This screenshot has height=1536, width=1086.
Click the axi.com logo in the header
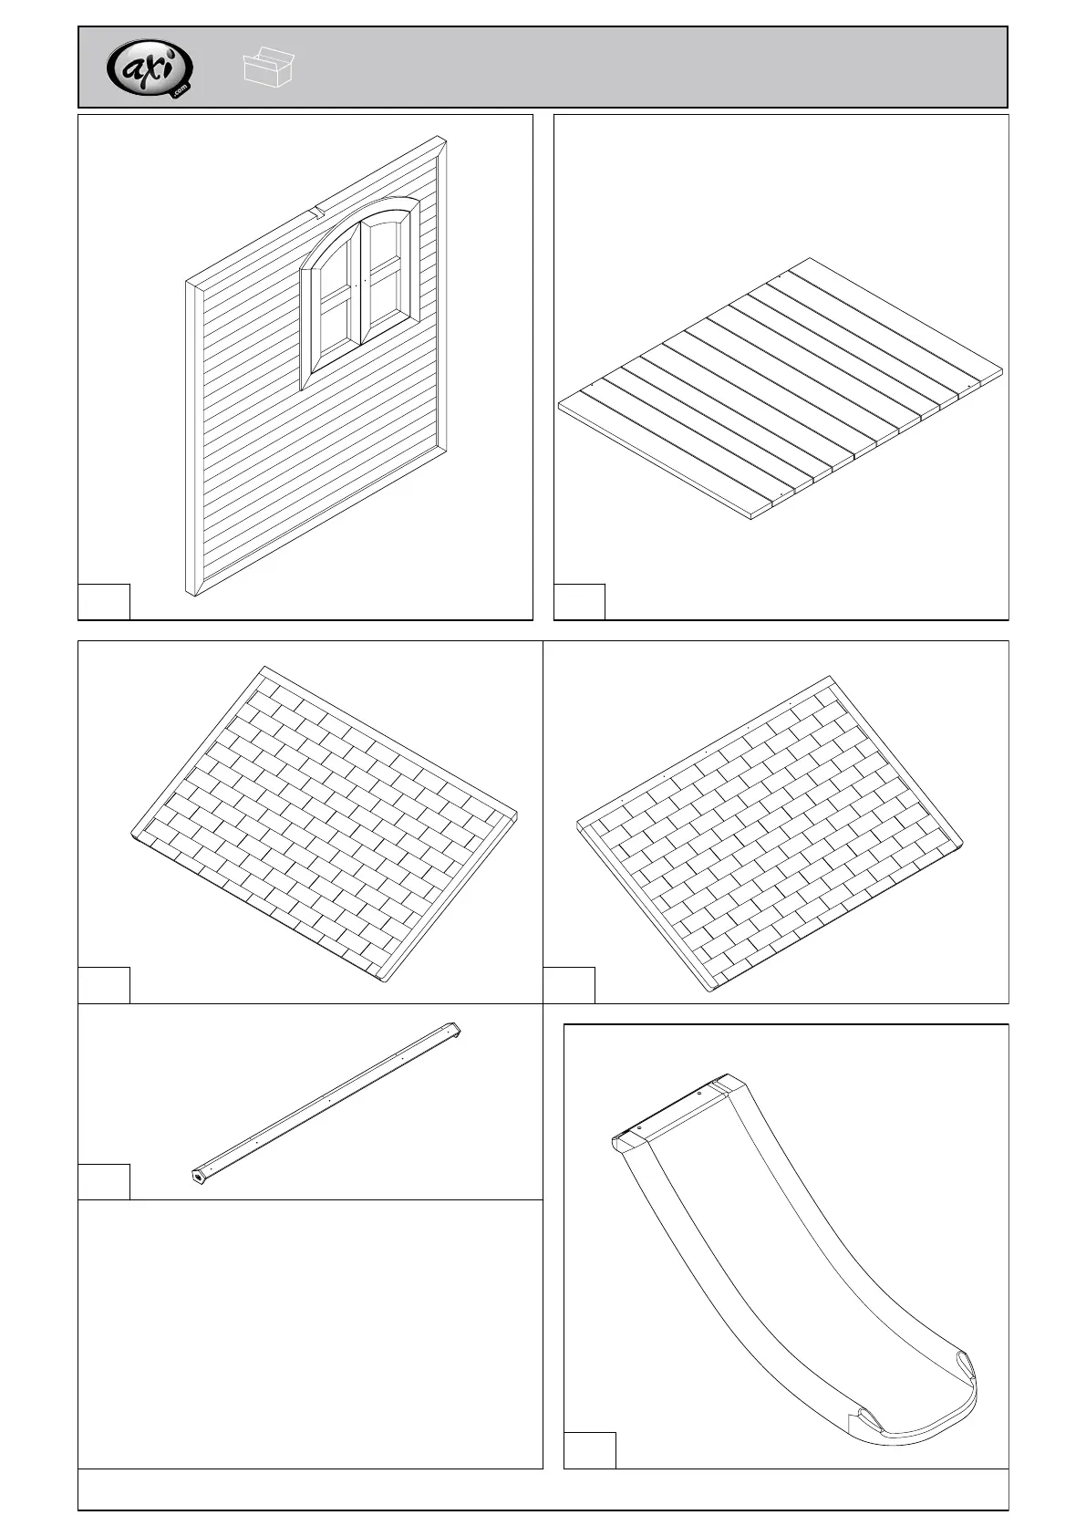150,68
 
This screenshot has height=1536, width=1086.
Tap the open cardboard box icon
270,67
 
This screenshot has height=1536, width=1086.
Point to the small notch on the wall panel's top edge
315,213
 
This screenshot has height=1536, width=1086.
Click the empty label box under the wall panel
104,601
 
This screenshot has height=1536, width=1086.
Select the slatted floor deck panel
781,387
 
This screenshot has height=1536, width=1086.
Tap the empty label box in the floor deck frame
580,601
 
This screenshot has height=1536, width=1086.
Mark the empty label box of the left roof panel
104,984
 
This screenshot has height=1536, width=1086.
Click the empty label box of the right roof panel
569,984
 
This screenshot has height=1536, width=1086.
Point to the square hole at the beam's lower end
198,1176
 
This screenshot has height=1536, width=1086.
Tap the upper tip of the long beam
453,1028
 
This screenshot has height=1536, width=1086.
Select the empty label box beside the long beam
104,1181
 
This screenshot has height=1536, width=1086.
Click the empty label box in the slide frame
590,1449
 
